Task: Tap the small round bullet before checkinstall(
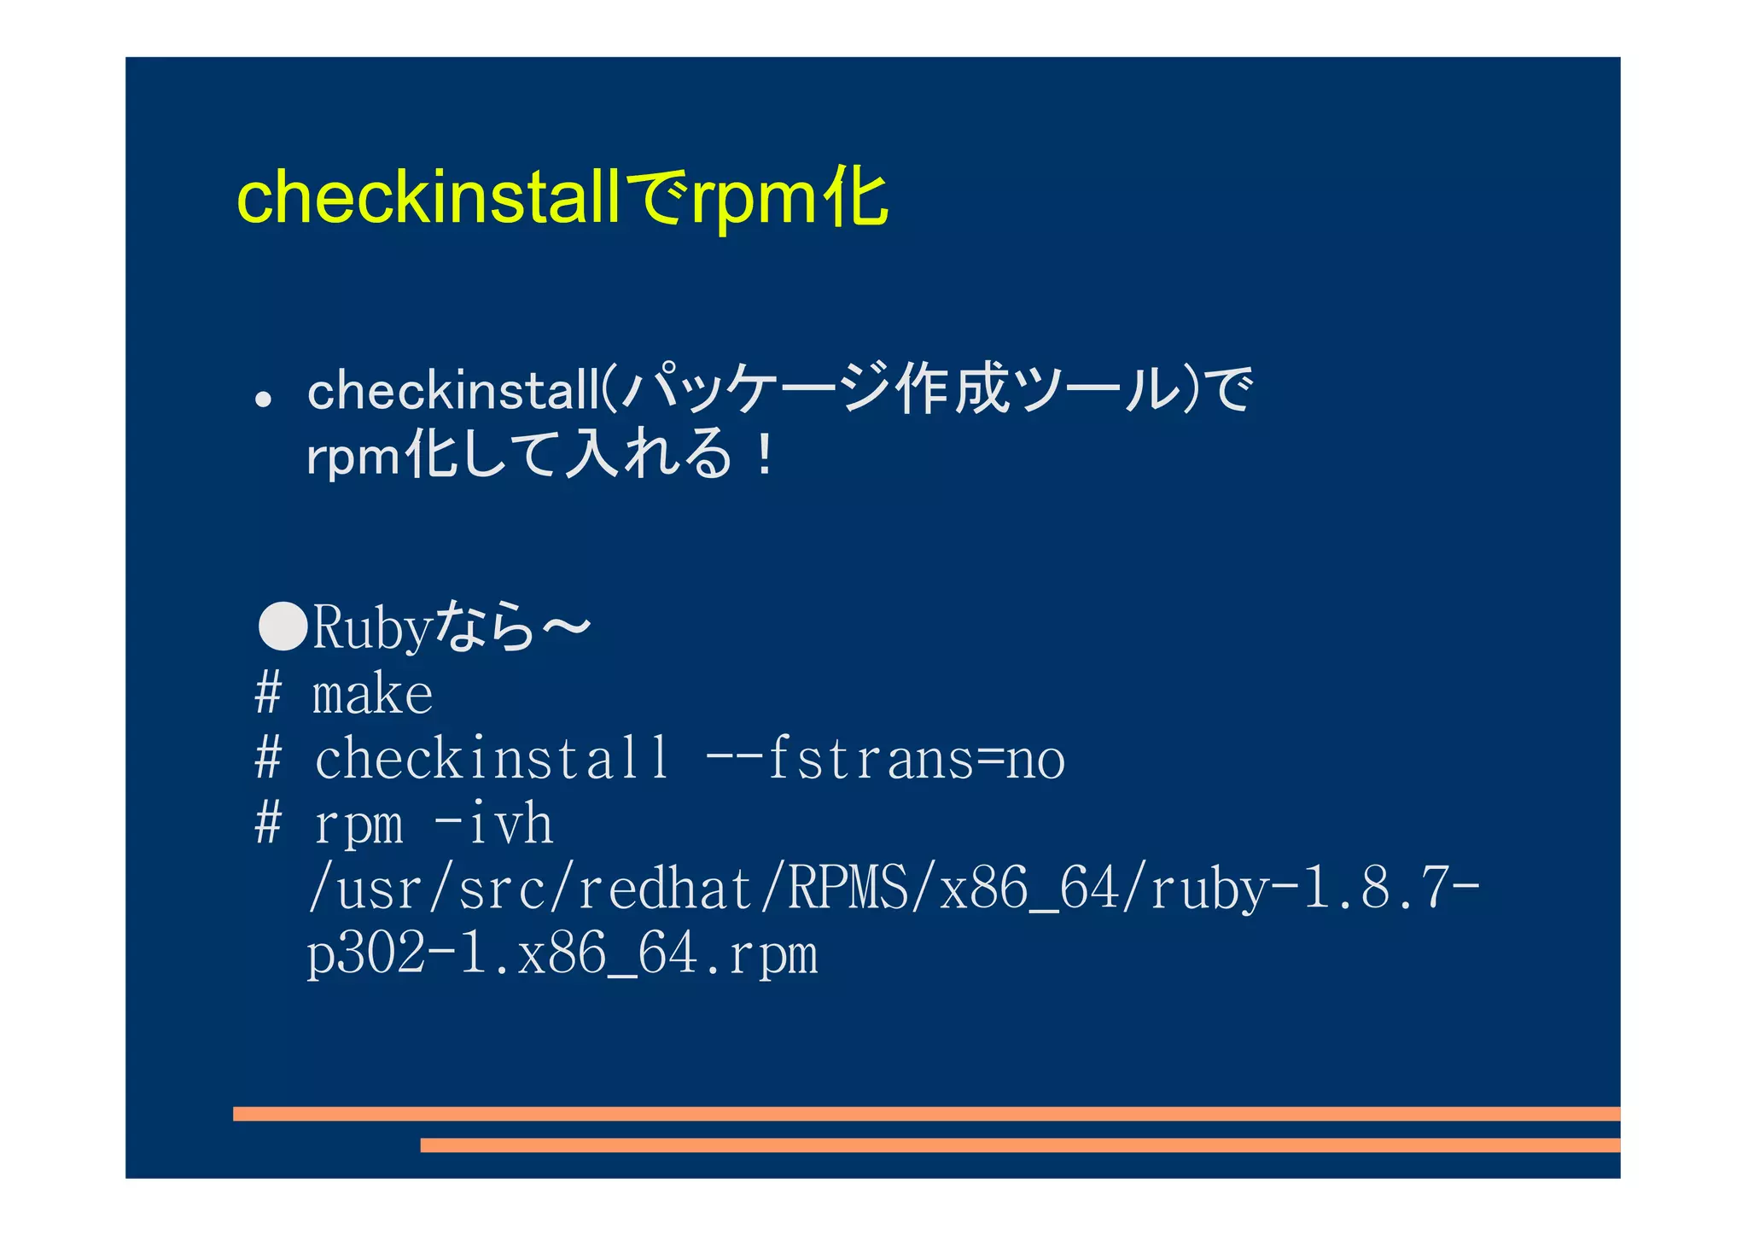pos(263,399)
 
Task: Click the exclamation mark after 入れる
pos(765,455)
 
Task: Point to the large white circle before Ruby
pos(283,626)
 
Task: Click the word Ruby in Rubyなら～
pos(370,629)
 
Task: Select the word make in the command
pos(373,694)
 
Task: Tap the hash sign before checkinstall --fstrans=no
pos(268,758)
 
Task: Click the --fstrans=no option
pos(885,758)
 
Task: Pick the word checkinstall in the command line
pos(492,758)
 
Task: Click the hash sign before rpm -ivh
pos(268,824)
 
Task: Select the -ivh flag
pos(493,824)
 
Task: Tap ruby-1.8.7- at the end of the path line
pos(1314,889)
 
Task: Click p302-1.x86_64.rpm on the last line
pos(562,954)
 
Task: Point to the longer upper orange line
pos(926,1113)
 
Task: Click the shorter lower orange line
pos(1020,1145)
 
